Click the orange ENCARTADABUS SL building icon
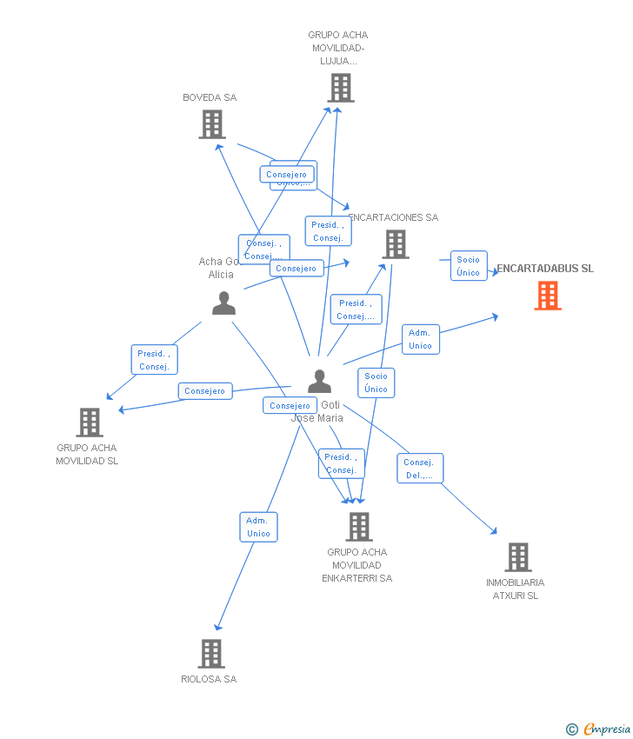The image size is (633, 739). (x=548, y=296)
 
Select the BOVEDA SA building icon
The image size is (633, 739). (x=212, y=124)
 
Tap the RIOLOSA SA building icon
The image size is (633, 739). (x=211, y=653)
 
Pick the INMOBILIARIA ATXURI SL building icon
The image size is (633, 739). (x=517, y=556)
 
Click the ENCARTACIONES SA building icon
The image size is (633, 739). (x=396, y=244)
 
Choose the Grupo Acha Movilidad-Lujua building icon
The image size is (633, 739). (x=341, y=88)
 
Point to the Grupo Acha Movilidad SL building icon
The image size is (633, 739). (x=90, y=423)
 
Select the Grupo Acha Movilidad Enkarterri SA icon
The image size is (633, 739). (x=358, y=526)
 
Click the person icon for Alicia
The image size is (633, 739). (x=223, y=303)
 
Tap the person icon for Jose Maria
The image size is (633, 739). (x=319, y=382)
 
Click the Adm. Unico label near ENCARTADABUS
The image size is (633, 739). (x=420, y=339)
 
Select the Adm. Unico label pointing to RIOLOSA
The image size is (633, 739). (x=258, y=527)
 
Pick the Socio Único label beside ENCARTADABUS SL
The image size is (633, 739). (x=468, y=266)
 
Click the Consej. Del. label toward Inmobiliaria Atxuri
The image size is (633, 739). (x=419, y=469)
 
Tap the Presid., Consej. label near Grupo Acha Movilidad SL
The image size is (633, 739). (x=154, y=360)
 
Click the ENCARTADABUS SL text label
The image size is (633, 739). (x=545, y=269)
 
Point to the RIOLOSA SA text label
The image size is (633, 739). (x=209, y=679)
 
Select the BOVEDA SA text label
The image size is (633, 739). (x=210, y=97)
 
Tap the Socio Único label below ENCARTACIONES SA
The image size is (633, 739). (x=376, y=383)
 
